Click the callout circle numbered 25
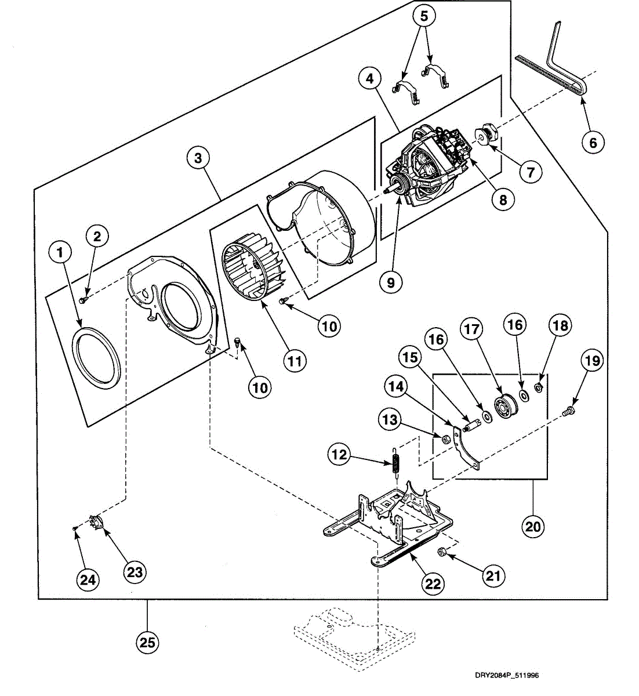tap(147, 643)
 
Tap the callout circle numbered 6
tap(593, 142)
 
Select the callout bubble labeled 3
tap(198, 158)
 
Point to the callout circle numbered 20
tap(533, 527)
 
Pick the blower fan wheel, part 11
tap(255, 271)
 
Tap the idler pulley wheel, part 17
tap(505, 405)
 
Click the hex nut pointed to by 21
tap(442, 552)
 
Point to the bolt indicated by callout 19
tap(568, 412)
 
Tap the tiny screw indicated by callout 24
tap(74, 528)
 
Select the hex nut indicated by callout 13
tap(445, 440)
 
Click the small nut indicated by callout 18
tap(539, 387)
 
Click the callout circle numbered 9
tap(391, 283)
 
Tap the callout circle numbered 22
tap(433, 584)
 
